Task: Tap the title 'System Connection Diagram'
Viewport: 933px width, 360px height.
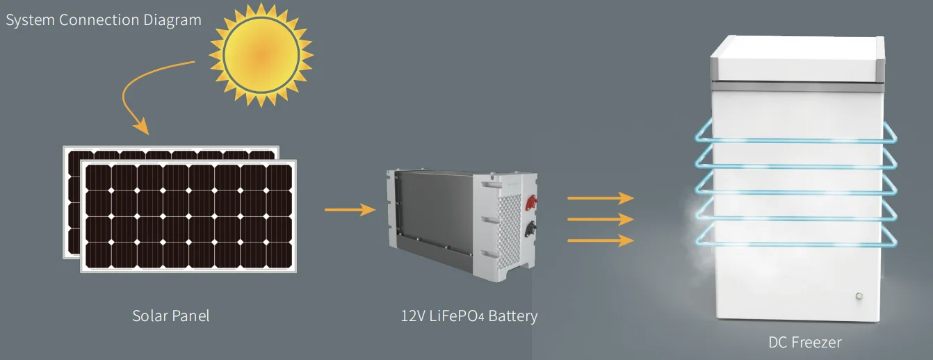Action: click(x=104, y=20)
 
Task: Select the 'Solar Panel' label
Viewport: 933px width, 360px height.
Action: click(x=170, y=316)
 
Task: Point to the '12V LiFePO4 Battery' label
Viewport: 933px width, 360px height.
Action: click(x=469, y=316)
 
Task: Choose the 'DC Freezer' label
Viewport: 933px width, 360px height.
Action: click(x=804, y=342)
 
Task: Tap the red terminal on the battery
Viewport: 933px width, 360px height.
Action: click(x=530, y=202)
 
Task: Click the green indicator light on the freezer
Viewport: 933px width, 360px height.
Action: click(x=859, y=297)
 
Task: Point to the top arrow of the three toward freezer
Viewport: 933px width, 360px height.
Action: click(x=601, y=198)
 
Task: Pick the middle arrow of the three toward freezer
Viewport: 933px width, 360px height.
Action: click(x=601, y=220)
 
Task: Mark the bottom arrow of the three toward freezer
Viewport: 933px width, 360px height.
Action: click(x=601, y=240)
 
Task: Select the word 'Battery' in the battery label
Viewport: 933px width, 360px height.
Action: click(x=513, y=316)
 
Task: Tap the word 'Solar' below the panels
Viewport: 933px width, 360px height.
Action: click(x=149, y=316)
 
